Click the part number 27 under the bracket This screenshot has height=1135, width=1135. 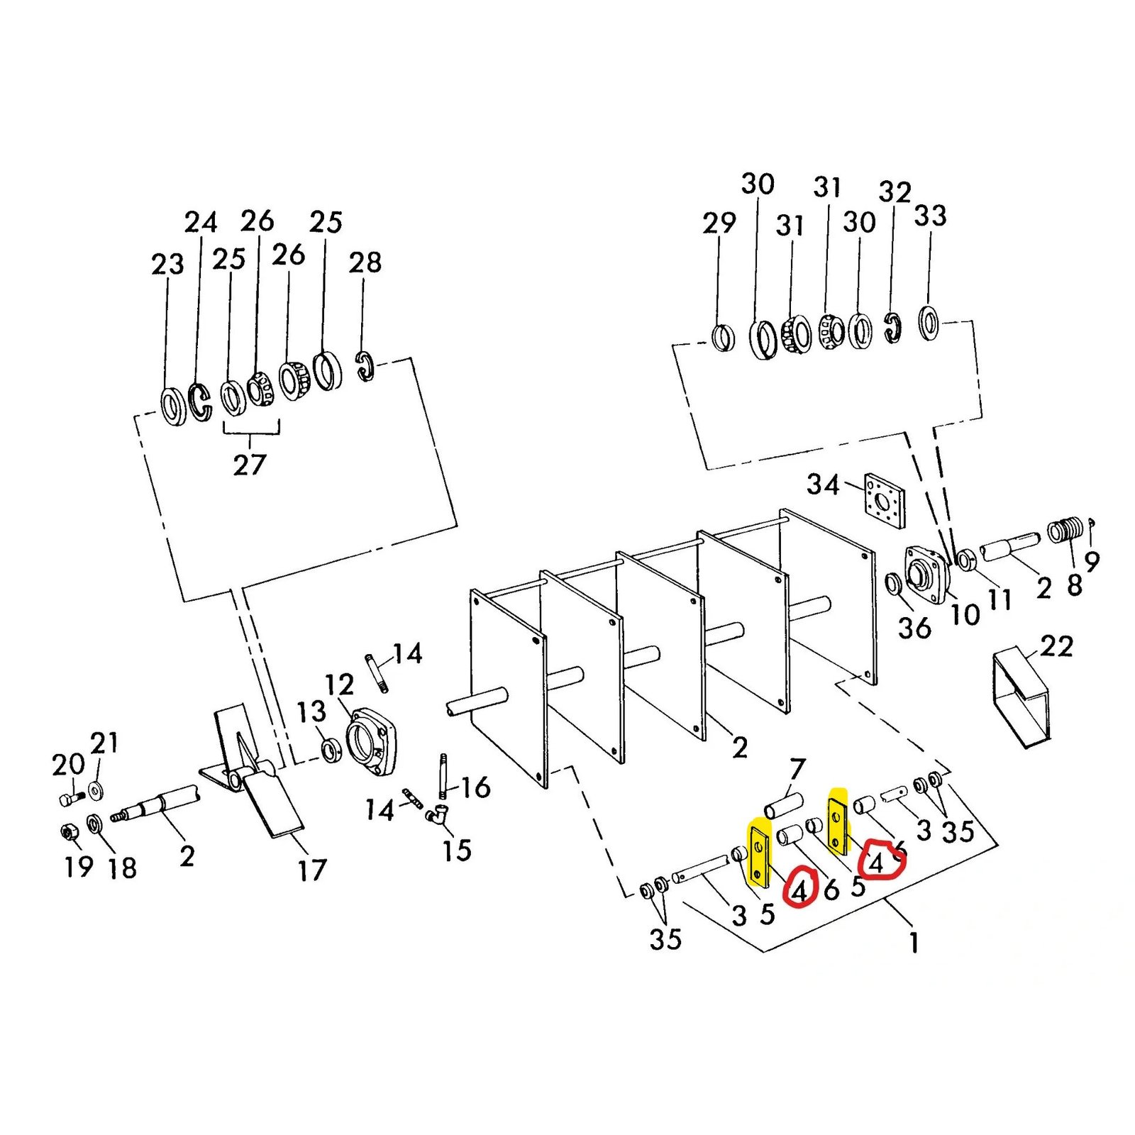click(x=249, y=465)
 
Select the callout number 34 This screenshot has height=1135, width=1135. click(x=823, y=485)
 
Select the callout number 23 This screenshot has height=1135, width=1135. click(x=167, y=265)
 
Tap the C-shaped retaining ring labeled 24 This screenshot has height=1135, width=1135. click(x=200, y=403)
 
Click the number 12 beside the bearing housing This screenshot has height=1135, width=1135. click(x=339, y=685)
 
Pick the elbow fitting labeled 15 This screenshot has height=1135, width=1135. click(x=437, y=816)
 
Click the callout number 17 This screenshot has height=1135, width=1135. click(x=312, y=870)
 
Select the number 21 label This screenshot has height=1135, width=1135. click(x=104, y=743)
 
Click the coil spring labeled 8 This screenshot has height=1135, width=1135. click(x=1066, y=531)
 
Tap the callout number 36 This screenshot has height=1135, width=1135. click(x=914, y=628)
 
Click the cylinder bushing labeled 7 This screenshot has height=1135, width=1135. click(x=783, y=806)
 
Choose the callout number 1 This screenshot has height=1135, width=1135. click(x=914, y=943)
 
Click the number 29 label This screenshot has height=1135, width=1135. click(x=719, y=223)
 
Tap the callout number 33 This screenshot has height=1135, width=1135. click(x=930, y=216)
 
